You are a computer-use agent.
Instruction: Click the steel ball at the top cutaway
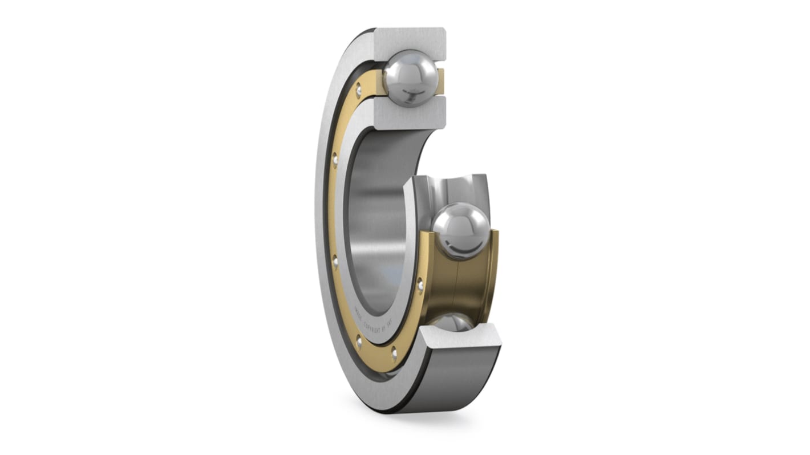(411, 78)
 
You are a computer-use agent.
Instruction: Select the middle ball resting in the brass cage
(460, 230)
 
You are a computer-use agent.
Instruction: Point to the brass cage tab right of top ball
(440, 80)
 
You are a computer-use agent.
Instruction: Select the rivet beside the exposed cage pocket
(420, 283)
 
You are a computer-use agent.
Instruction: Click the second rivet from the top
(335, 158)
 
